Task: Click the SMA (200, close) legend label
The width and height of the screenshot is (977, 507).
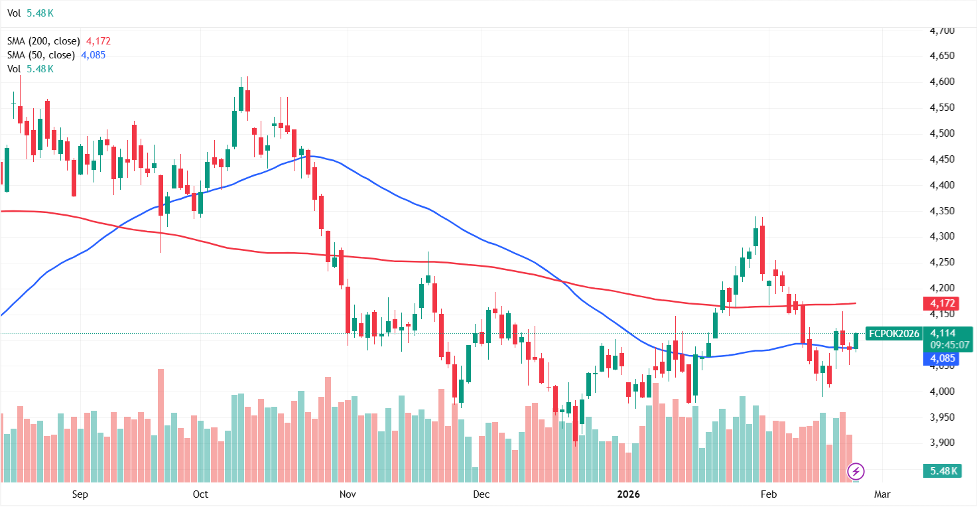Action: click(x=44, y=41)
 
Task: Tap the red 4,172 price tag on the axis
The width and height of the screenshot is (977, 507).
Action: click(x=943, y=303)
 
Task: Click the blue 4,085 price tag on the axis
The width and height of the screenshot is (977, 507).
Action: click(x=943, y=358)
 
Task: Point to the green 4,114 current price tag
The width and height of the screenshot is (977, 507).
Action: click(x=943, y=333)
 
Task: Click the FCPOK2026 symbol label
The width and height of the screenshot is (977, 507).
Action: click(x=894, y=333)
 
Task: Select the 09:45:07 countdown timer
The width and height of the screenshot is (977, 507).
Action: click(x=950, y=345)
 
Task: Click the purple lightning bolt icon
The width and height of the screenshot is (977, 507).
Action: click(x=856, y=472)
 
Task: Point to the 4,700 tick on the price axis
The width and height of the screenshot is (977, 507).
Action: click(x=943, y=31)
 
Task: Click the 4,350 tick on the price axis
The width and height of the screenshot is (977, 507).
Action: click(x=943, y=211)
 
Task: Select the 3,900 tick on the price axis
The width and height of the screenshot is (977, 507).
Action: click(x=943, y=443)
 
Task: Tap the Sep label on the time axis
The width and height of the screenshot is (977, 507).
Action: click(x=80, y=494)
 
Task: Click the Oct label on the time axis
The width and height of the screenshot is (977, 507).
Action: click(x=200, y=494)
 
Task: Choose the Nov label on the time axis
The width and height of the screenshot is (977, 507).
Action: click(x=347, y=494)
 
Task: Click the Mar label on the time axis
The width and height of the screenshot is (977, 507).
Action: click(x=881, y=494)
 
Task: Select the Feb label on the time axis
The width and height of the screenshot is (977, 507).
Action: click(x=768, y=494)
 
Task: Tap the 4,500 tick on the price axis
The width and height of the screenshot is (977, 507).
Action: click(x=943, y=133)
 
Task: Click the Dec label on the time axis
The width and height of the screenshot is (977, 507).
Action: click(x=481, y=494)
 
